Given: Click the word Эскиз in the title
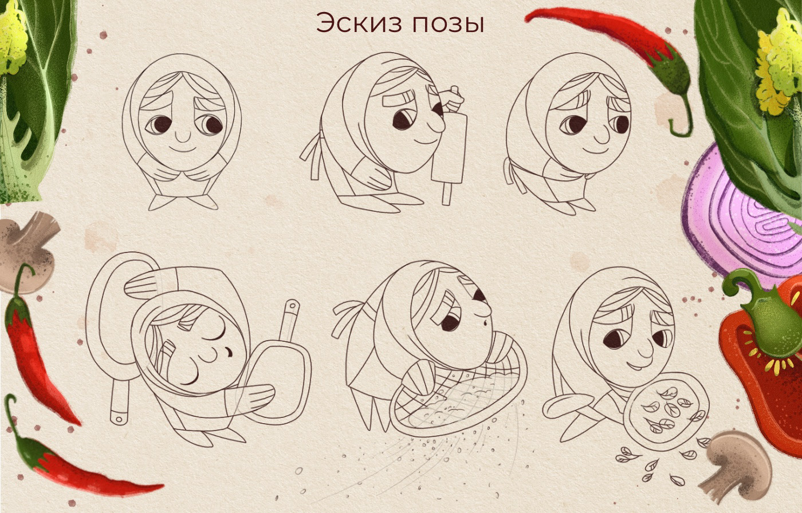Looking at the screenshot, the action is click(x=360, y=23).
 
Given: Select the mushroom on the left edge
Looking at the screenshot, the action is click(x=27, y=250).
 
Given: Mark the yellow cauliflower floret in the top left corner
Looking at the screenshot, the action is click(x=13, y=40).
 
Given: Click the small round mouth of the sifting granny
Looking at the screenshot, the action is click(x=485, y=323).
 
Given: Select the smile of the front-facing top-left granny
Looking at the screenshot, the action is click(x=183, y=148).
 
